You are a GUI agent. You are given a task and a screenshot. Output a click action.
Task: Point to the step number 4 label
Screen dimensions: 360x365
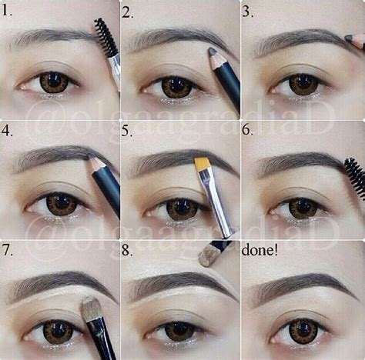[x=8, y=131]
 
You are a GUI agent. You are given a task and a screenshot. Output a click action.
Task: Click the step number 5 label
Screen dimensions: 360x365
[x=129, y=131]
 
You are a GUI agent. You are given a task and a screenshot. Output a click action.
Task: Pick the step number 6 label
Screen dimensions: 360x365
[x=249, y=131]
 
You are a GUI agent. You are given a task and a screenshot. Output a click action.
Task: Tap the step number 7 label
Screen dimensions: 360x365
[x=8, y=251]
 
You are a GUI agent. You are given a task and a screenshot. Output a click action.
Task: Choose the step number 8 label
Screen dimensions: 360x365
[x=129, y=251]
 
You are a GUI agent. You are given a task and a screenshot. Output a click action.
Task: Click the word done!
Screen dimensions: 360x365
[x=260, y=251]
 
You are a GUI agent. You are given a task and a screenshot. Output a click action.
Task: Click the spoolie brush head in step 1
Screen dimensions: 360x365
[x=105, y=37]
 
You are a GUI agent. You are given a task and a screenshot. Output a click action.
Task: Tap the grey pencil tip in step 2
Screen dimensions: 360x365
[x=213, y=52]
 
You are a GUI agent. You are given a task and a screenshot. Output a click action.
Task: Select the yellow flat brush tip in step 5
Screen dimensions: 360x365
[x=203, y=163]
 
